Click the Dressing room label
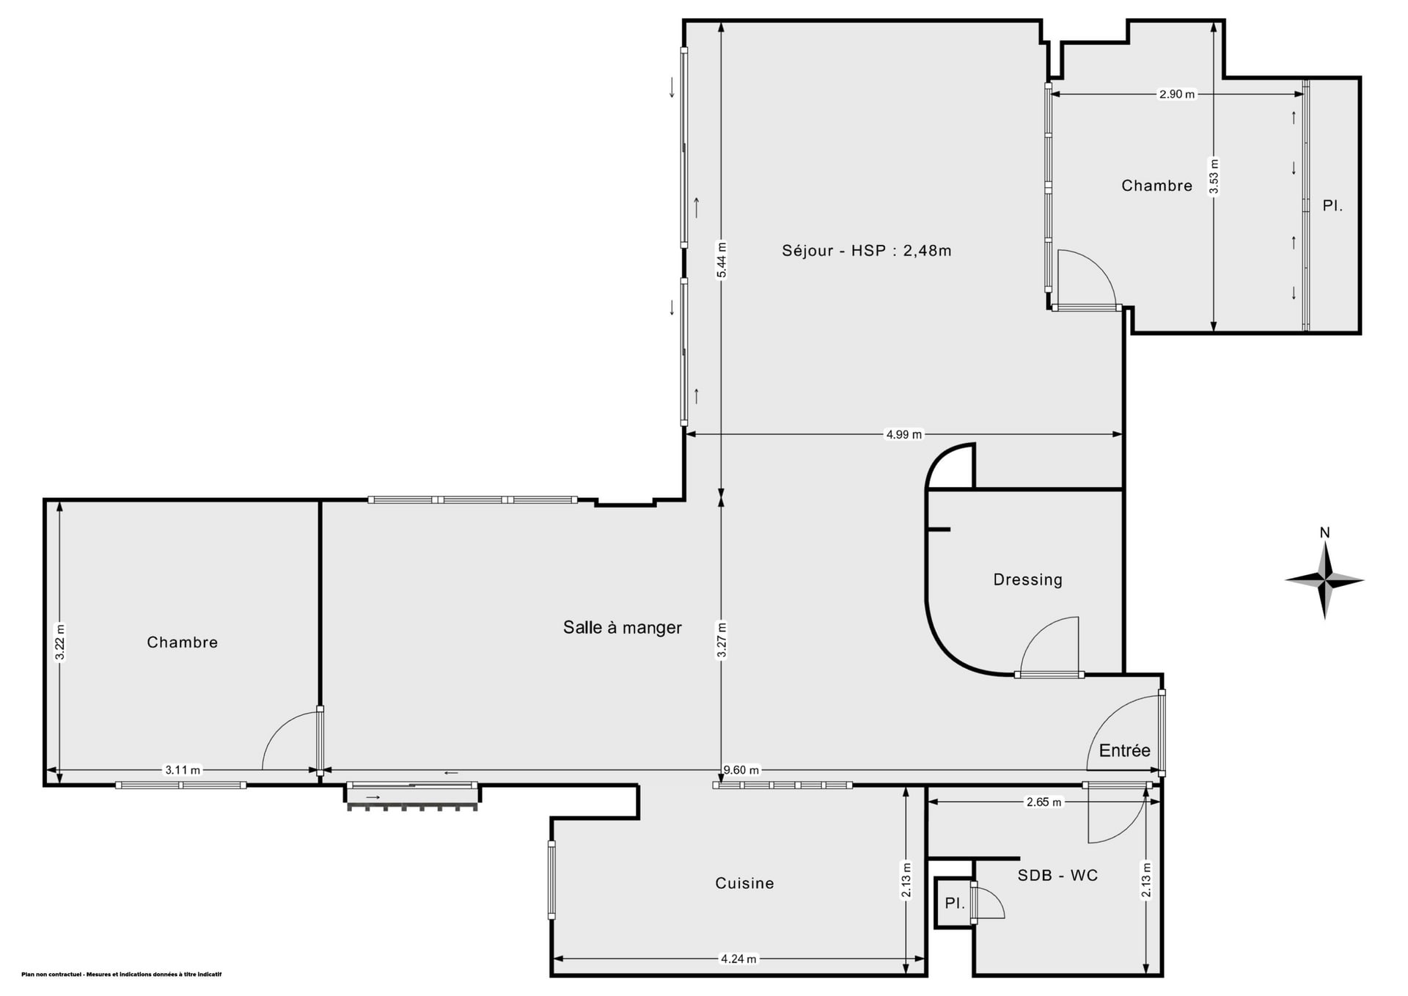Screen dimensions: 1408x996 1027,579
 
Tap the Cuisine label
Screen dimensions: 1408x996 744,883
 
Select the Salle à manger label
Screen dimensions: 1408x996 622,627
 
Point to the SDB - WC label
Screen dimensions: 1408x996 1057,875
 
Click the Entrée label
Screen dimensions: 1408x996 1124,750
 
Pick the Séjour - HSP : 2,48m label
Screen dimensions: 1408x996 866,251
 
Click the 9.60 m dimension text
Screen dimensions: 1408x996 741,770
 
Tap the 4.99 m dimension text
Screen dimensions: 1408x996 904,434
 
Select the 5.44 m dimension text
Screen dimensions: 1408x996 722,260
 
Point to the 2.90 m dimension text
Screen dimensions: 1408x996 1176,94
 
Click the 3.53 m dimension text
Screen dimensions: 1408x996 1214,177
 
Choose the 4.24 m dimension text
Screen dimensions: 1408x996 738,959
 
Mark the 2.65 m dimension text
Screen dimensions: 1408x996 1044,802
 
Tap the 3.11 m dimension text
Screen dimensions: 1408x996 183,770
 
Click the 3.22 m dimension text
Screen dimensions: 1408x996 60,642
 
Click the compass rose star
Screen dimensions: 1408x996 1324,581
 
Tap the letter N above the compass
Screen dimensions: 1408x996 1324,533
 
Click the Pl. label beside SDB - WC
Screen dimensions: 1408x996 954,904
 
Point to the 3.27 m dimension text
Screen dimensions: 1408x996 722,641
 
